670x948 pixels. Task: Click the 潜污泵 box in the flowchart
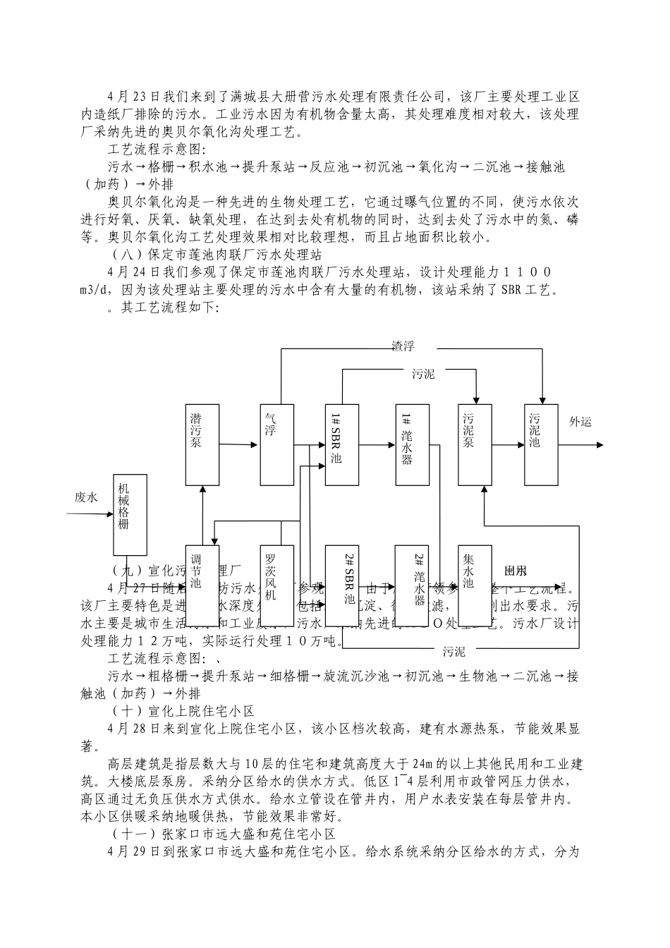[202, 444]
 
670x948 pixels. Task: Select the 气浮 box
[277, 444]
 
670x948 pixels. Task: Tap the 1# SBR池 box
[343, 444]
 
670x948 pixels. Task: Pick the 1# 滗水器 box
[413, 444]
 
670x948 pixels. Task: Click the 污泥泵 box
[475, 444]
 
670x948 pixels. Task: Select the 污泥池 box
[541, 444]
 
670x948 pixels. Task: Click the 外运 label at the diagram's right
[580, 423]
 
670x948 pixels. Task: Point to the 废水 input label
[87, 497]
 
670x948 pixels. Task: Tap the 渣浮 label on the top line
[403, 346]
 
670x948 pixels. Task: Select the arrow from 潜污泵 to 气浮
[240, 444]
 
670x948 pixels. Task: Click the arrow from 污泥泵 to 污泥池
[508, 444]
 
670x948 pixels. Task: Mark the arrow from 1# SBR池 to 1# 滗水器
[377, 444]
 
